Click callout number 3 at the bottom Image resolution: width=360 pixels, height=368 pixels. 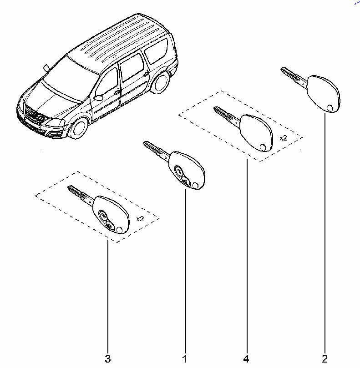107,358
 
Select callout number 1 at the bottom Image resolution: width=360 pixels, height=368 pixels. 185,358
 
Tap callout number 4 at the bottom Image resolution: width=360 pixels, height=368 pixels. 246,358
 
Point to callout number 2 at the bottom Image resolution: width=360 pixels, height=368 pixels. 325,358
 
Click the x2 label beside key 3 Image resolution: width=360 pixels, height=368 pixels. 140,219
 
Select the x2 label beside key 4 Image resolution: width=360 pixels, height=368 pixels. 283,138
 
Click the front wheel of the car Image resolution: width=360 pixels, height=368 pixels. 79,129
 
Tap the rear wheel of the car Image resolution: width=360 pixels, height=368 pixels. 161,83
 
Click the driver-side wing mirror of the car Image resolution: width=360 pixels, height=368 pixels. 99,97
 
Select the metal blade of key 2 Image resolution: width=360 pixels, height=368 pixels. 294,77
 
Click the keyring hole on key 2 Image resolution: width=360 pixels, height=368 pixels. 330,108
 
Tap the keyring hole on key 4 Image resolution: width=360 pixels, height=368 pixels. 263,147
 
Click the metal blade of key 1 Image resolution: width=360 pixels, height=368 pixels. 157,151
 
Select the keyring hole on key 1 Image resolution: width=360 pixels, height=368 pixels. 195,186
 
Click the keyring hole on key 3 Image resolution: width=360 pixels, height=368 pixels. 120,230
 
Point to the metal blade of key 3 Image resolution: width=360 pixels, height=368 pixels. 81,195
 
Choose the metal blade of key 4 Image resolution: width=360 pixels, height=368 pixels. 227,116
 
